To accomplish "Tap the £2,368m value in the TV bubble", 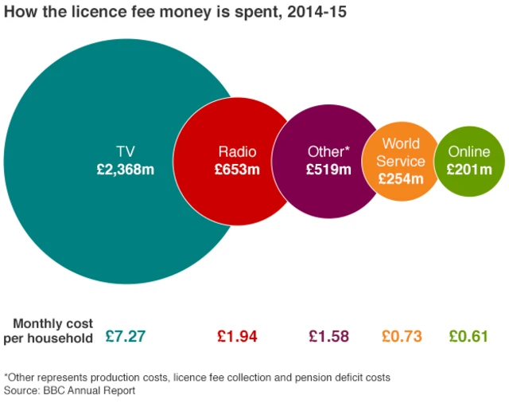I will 125,169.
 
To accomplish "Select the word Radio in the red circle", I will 237,151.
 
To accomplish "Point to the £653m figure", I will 237,170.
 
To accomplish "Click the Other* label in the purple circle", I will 328,151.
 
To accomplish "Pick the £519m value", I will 328,170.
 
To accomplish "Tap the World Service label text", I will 402,152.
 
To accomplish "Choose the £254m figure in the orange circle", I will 401,178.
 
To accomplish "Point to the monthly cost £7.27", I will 125,336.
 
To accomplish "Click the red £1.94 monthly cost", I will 237,336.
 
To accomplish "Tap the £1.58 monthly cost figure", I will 328,336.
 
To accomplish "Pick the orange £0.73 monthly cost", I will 402,336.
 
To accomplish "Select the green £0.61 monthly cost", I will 468,336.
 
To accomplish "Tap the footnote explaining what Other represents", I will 197,377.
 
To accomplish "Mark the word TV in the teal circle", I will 125,151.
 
